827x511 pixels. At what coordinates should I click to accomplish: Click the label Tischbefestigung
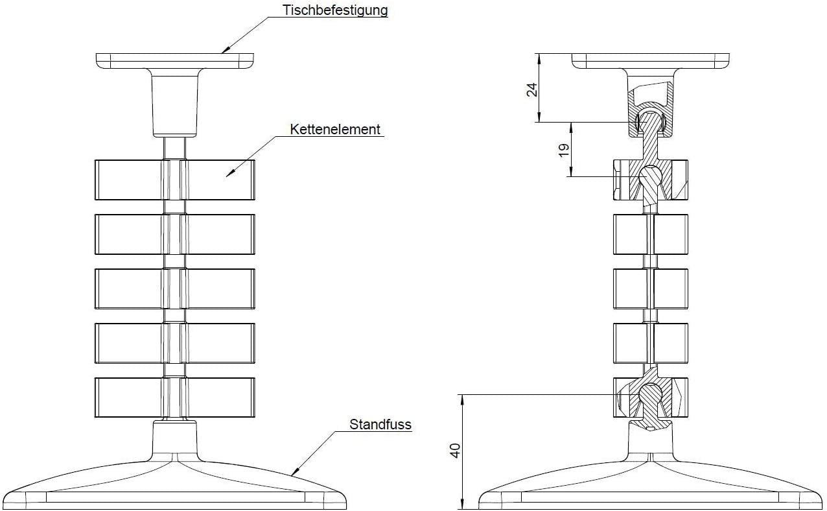(x=335, y=10)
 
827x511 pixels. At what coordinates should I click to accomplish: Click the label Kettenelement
(x=335, y=129)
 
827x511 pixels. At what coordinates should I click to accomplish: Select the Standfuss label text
(x=380, y=425)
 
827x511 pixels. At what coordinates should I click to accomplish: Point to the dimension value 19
(x=565, y=149)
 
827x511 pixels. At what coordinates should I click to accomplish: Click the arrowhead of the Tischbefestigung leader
(x=224, y=51)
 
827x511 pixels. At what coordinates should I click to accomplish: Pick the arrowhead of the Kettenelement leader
(x=228, y=174)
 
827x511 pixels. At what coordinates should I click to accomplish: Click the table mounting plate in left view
(x=175, y=61)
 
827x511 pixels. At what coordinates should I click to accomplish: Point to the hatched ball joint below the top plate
(x=649, y=121)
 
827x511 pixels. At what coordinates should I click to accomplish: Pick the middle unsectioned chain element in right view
(x=650, y=288)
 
